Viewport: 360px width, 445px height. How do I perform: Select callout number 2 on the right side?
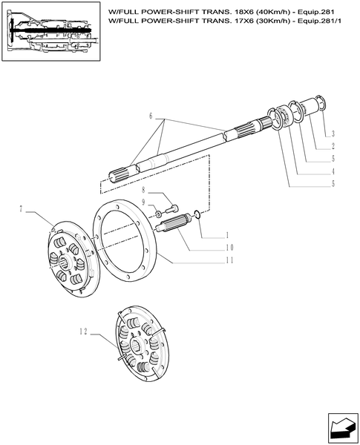[333, 145]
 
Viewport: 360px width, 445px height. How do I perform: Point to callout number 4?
[333, 171]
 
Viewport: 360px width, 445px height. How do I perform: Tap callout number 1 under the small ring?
[227, 235]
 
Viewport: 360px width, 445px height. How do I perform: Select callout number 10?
[229, 247]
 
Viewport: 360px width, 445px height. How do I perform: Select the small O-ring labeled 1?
[195, 216]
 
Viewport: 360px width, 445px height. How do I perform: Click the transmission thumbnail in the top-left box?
[51, 33]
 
